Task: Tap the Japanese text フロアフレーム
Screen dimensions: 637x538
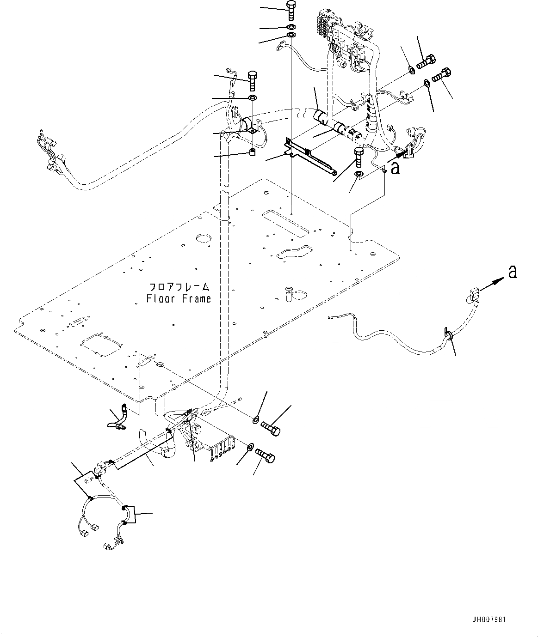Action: [x=179, y=286]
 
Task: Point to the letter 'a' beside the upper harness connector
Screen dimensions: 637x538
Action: [x=395, y=169]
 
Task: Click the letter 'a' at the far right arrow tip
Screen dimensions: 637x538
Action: [x=512, y=273]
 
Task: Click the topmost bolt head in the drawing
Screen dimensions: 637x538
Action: [x=291, y=7]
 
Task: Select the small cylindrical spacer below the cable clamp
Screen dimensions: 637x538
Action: [x=252, y=153]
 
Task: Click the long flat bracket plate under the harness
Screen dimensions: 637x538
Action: [x=310, y=158]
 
